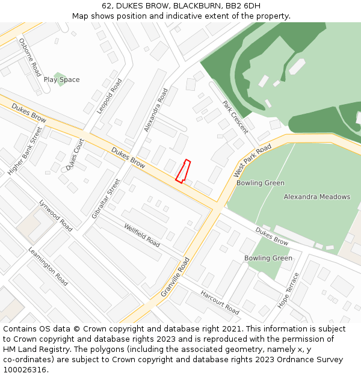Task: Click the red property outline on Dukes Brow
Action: point(183,171)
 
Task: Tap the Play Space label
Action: point(61,80)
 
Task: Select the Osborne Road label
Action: point(29,57)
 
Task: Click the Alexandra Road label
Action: point(156,110)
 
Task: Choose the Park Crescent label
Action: point(235,117)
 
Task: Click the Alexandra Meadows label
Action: point(316,197)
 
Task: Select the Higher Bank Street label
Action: point(25,150)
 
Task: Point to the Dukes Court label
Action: point(76,154)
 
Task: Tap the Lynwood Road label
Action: point(55,215)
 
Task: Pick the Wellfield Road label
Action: point(142,235)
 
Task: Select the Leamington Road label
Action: point(48,266)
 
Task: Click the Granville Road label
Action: point(175,277)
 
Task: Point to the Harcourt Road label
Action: point(220,303)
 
